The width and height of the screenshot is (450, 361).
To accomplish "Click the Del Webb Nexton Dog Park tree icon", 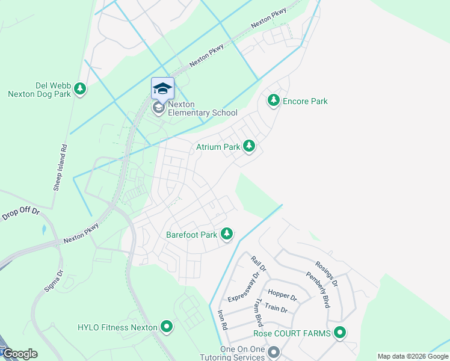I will [80, 90].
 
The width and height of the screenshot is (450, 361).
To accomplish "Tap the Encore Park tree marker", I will [274, 100].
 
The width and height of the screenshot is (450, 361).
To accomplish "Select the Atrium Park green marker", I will [248, 146].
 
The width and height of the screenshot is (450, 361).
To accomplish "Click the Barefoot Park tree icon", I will [226, 234].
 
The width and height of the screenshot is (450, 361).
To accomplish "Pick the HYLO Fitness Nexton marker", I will [167, 327].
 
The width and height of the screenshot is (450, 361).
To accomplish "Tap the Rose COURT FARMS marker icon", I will [340, 333].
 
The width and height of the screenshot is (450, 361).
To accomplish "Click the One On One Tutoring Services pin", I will [274, 351].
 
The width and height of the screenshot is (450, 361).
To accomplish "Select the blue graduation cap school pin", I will [162, 88].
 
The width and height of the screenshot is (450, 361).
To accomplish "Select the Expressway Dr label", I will [244, 288].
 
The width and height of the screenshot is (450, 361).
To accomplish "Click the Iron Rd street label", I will [222, 319].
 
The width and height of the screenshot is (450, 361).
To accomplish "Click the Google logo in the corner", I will [20, 354].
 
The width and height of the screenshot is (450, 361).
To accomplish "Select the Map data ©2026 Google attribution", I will [412, 356].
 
